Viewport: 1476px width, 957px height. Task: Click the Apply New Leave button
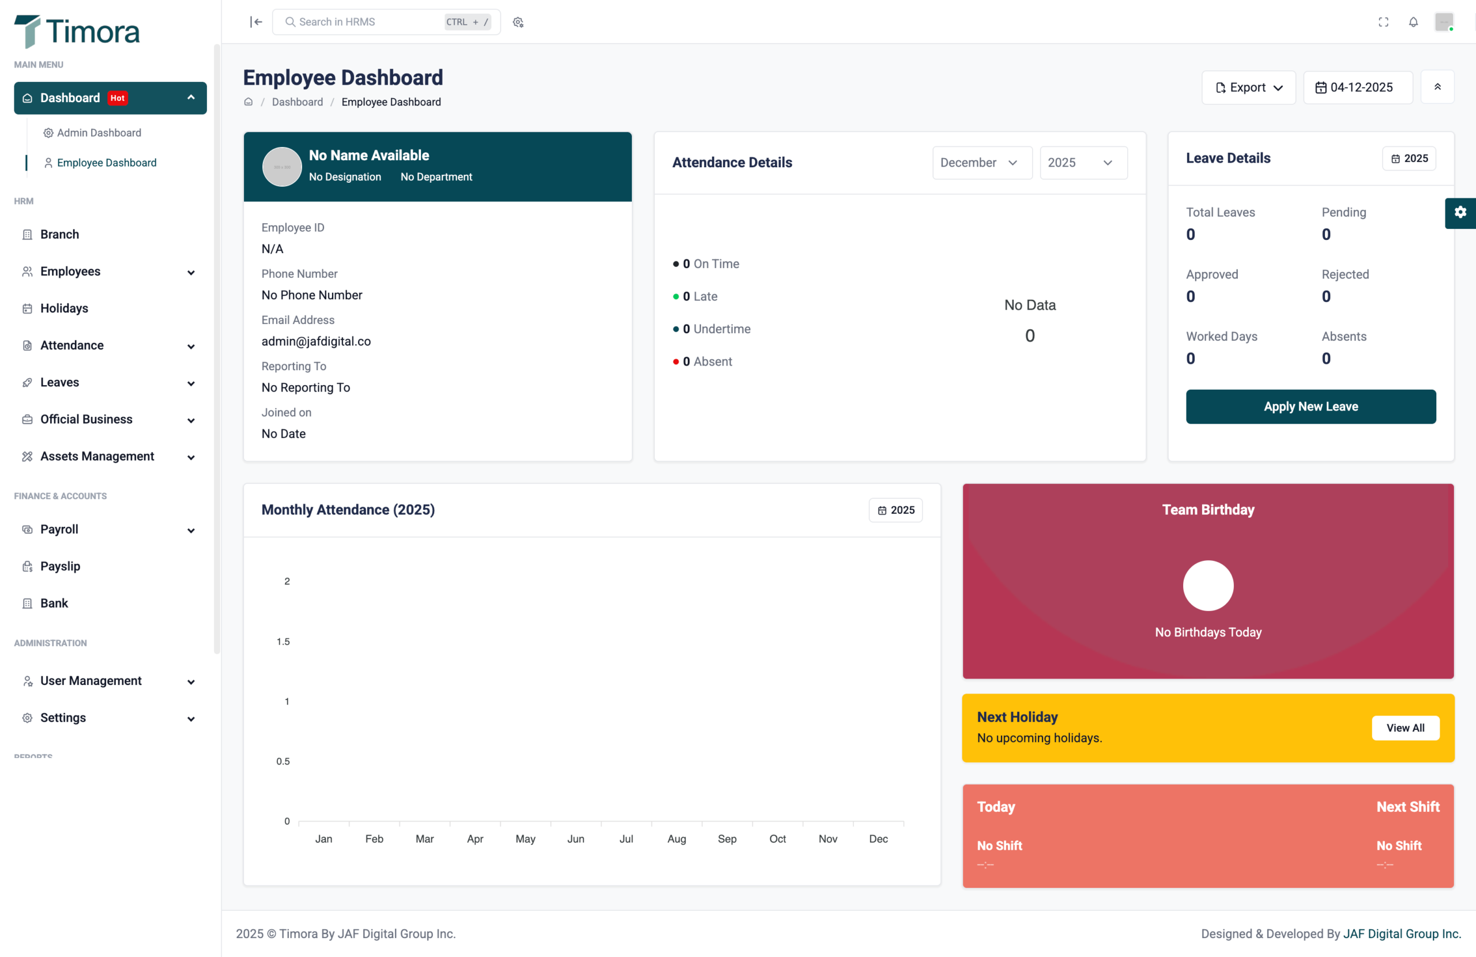pyautogui.click(x=1311, y=406)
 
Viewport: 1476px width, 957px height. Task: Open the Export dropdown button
pyautogui.click(x=1248, y=88)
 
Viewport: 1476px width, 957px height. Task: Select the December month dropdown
pyautogui.click(x=981, y=163)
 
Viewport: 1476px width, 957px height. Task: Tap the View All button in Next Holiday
pyautogui.click(x=1405, y=728)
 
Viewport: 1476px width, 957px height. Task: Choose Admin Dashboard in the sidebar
pyautogui.click(x=99, y=133)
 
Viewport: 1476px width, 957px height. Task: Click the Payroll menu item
pyautogui.click(x=59, y=529)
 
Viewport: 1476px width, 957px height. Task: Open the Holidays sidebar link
pyautogui.click(x=64, y=308)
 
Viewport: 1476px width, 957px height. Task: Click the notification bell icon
pyautogui.click(x=1413, y=22)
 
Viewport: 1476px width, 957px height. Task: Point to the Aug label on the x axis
pyautogui.click(x=676, y=839)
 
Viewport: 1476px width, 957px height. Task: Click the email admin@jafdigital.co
pyautogui.click(x=315, y=341)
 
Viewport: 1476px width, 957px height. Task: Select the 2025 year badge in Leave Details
pyautogui.click(x=1409, y=158)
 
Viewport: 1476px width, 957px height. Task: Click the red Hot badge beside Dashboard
pyautogui.click(x=117, y=98)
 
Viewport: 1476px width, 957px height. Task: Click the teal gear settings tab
pyautogui.click(x=1460, y=212)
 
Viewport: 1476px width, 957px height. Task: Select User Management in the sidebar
pyautogui.click(x=91, y=680)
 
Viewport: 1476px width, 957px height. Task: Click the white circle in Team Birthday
pyautogui.click(x=1207, y=586)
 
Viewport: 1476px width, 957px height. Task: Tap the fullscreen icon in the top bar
pyautogui.click(x=1383, y=22)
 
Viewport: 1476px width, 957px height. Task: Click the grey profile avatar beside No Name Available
pyautogui.click(x=281, y=167)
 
